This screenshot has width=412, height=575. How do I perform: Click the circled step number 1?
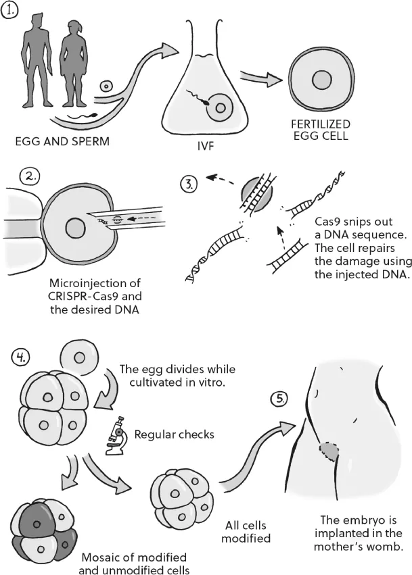pyautogui.click(x=10, y=11)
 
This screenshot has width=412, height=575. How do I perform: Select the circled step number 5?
pyautogui.click(x=278, y=398)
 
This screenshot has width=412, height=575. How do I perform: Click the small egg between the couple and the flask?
pyautogui.click(x=106, y=86)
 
